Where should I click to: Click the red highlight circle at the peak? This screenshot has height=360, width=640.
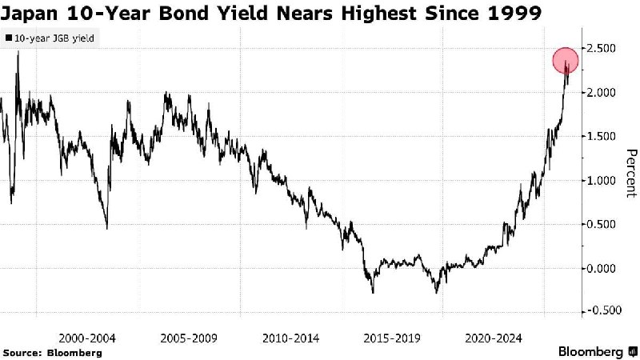point(566,62)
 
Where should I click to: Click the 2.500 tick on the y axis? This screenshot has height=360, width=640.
point(607,50)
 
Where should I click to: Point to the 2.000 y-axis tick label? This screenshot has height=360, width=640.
point(607,93)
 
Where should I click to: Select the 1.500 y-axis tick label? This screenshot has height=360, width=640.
point(607,137)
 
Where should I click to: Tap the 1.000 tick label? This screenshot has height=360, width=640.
point(607,181)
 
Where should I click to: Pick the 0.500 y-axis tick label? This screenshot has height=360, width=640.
point(607,224)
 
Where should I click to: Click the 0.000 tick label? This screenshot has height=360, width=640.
point(607,268)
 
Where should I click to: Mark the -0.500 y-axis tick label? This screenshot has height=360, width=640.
point(605,311)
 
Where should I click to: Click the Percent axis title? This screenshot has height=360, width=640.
point(630,173)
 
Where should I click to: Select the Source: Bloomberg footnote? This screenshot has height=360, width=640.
point(52,352)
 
